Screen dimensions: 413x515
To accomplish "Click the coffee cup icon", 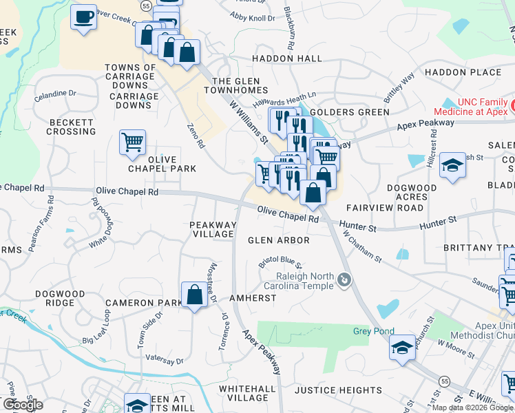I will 84,17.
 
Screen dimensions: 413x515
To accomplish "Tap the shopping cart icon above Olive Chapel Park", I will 132,142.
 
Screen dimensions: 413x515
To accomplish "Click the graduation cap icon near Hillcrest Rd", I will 452,166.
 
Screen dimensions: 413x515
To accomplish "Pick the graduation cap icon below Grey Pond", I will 403,348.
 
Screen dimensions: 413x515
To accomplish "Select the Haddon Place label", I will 463,72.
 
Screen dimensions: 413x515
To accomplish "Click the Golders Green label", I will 341,112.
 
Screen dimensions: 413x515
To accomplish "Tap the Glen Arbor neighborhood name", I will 279,240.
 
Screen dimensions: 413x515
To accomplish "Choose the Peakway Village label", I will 213,229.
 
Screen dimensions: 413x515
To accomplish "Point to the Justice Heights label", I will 338,390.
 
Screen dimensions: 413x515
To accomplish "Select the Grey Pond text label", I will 374,332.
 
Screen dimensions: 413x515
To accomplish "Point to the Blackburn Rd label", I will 292,32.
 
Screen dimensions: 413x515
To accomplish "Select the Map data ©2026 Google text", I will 472,407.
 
